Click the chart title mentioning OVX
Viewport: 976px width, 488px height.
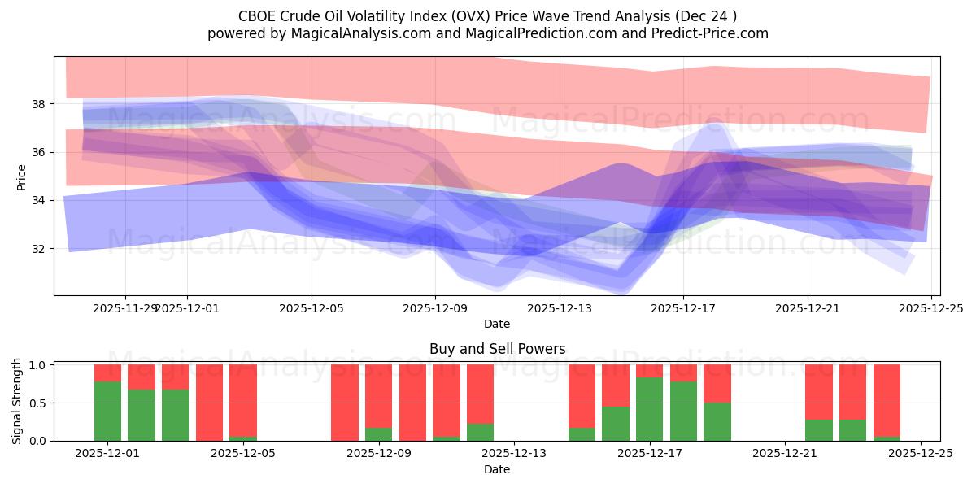488,15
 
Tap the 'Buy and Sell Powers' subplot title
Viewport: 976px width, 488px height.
497,349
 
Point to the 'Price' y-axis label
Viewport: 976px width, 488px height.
22,176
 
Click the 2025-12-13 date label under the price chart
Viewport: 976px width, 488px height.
559,308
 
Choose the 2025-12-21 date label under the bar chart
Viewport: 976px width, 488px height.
785,454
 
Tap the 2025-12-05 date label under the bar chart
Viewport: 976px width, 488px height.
243,454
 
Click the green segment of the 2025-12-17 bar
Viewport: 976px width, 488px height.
650,409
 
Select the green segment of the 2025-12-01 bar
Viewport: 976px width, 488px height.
107,411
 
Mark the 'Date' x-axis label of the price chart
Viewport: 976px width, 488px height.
497,324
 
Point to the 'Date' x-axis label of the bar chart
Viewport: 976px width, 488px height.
497,469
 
